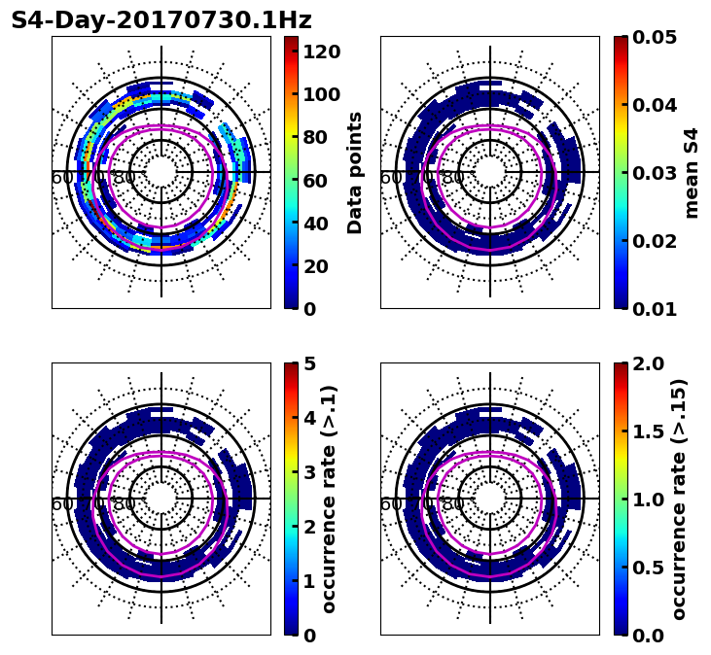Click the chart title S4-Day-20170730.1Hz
point(161,20)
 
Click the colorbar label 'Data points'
point(355,172)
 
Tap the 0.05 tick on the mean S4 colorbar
point(657,37)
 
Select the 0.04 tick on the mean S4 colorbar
point(657,105)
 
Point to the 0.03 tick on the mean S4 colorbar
point(657,173)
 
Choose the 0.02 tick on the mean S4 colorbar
point(657,241)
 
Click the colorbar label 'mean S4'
point(692,172)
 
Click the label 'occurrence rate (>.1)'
point(329,499)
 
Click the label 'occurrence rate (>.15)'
point(679,499)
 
